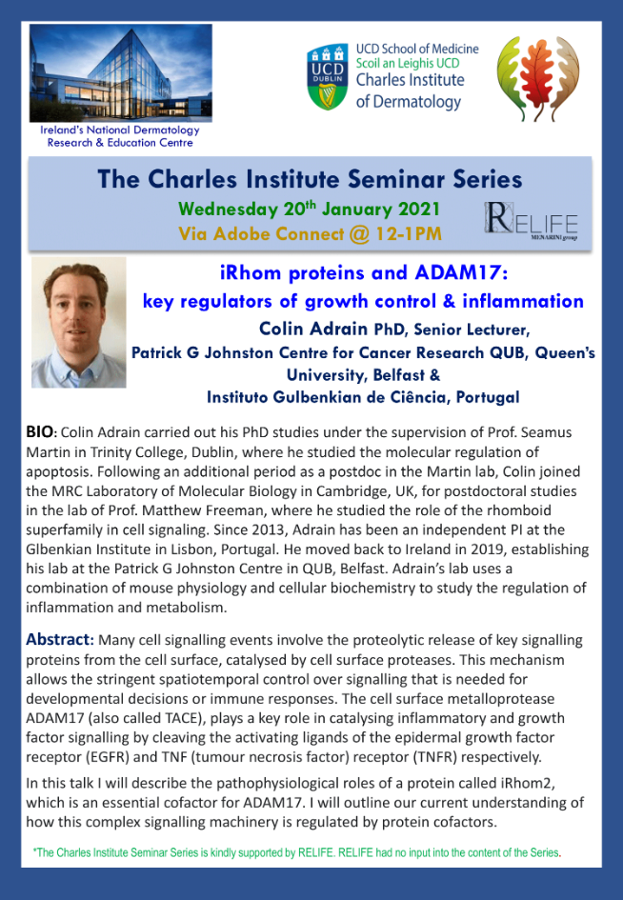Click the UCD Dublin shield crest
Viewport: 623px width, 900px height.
tap(328, 77)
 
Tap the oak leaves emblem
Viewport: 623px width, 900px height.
tap(538, 78)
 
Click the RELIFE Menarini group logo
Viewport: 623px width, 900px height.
tap(532, 221)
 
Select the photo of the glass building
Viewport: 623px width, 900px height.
tap(121, 72)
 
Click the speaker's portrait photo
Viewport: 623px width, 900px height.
tap(79, 322)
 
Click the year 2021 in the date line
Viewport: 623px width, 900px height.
tap(420, 209)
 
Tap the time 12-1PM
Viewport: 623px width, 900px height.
tap(409, 233)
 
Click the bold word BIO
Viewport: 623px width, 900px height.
tap(40, 431)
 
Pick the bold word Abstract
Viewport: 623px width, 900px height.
tap(59, 639)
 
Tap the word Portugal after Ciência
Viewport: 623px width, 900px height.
tap(488, 397)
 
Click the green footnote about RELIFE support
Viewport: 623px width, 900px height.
tap(297, 853)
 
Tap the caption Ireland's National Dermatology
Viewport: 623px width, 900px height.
tap(120, 130)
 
